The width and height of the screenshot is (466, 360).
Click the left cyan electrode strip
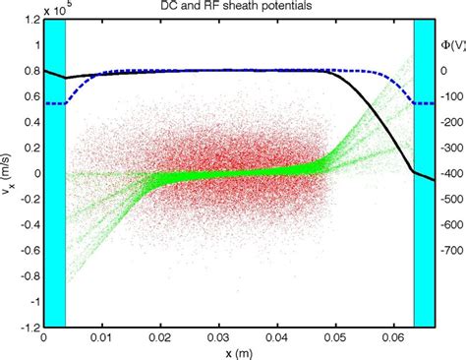54,172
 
